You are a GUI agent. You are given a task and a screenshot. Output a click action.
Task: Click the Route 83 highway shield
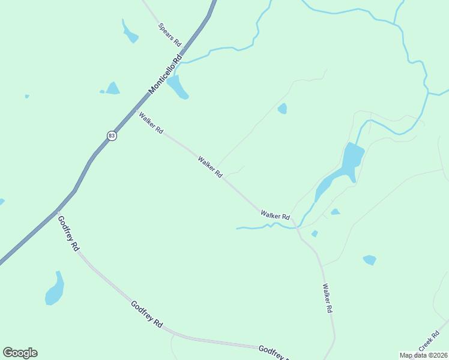(112, 136)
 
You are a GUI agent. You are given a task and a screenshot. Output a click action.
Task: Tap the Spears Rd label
(169, 35)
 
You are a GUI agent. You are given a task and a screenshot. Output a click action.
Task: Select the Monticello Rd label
(165, 75)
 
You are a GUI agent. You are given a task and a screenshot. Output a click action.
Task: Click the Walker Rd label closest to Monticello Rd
(151, 122)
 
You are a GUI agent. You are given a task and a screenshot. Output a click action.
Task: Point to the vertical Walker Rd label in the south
(327, 299)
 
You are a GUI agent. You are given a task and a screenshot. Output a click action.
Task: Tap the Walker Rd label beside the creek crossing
(276, 214)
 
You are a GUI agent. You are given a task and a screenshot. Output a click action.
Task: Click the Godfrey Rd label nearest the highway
(68, 233)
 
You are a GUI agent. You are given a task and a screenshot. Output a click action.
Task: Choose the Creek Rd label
(429, 344)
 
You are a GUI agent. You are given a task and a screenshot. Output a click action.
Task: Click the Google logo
(20, 353)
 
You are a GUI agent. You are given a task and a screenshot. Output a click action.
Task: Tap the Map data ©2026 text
(423, 355)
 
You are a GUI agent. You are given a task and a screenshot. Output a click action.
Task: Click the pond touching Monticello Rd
(177, 87)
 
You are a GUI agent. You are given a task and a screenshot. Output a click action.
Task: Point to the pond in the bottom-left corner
(55, 290)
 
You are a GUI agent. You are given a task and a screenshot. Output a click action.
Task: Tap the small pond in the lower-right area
(369, 260)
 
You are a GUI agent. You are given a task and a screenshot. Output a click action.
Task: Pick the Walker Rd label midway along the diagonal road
(210, 167)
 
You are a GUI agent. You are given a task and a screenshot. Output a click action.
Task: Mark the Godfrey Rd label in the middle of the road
(146, 314)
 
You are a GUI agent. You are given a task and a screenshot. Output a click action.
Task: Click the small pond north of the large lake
(282, 109)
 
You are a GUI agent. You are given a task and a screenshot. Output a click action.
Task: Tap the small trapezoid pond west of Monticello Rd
(112, 88)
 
